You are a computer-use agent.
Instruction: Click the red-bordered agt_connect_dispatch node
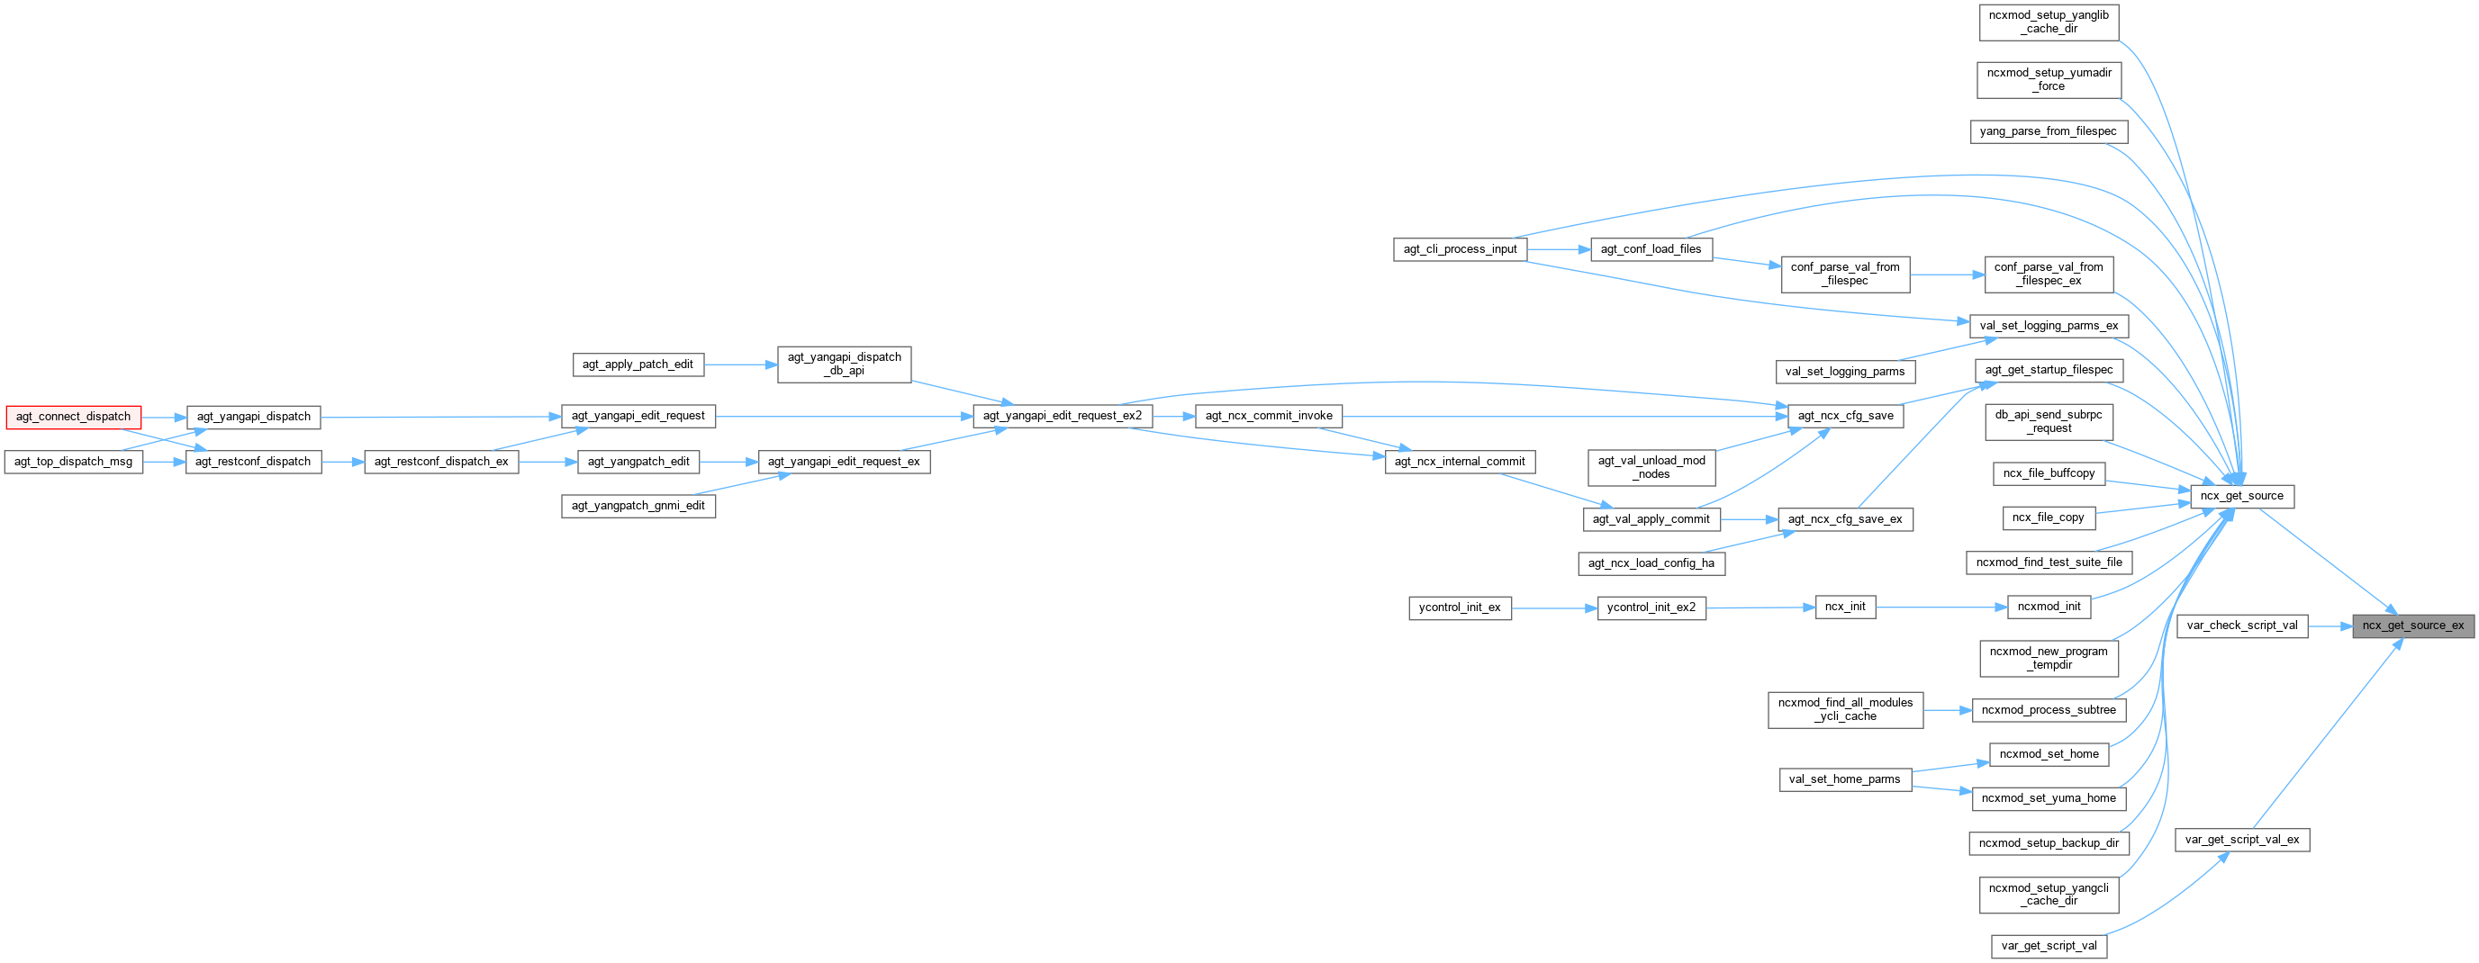coord(73,417)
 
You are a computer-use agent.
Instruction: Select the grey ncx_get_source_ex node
coord(2412,625)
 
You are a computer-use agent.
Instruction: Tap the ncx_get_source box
coord(2241,497)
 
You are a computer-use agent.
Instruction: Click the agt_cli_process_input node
coord(1459,249)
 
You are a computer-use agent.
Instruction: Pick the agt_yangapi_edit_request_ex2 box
coord(1062,416)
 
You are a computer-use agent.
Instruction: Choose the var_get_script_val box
coord(2049,946)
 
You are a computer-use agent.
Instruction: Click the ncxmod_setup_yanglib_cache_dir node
coord(2049,22)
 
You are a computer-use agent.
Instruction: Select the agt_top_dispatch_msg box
coord(73,462)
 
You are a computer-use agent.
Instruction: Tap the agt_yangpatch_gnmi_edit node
coord(638,506)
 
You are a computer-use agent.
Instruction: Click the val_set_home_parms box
coord(1844,779)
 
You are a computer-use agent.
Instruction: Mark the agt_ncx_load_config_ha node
coord(1651,562)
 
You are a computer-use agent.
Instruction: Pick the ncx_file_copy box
coord(2048,517)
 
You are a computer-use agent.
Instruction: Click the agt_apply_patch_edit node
coord(637,364)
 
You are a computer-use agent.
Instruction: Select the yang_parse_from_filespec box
coord(2048,130)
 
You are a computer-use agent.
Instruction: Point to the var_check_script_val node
coord(2241,625)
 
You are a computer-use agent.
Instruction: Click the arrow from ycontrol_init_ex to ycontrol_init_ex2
coord(1554,608)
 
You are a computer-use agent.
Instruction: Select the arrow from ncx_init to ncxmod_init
coord(1941,607)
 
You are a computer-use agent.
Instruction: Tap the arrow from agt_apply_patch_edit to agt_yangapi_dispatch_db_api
coord(740,364)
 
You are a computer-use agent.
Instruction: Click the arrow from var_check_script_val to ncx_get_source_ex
coord(2329,625)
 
